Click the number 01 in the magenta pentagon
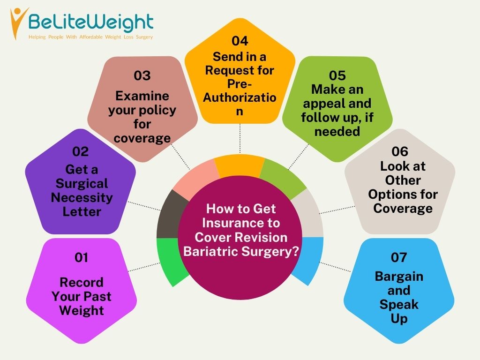[82, 257]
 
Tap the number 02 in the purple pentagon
[81, 151]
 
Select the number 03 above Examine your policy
[142, 76]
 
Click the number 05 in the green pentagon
[337, 75]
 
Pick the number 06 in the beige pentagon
[400, 151]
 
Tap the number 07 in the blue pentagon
[399, 257]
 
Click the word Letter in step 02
[82, 212]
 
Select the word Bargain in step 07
[399, 276]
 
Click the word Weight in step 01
[82, 310]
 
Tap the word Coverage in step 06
[403, 208]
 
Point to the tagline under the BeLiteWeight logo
[90, 37]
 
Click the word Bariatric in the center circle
[211, 251]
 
